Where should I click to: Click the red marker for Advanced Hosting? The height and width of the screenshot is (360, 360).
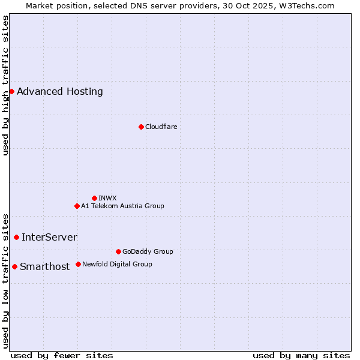pos(11,91)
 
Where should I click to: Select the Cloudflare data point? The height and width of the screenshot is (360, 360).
pos(141,127)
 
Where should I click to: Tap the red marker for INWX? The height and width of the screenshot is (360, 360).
pos(94,198)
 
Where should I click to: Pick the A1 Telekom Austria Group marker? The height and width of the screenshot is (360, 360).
pos(77,206)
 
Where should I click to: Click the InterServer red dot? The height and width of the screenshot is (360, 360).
pos(16,237)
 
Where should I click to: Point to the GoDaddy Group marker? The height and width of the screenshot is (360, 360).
pos(118,251)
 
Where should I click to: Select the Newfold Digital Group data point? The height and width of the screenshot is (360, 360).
pos(78,264)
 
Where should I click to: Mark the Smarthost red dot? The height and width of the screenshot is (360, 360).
pos(14,266)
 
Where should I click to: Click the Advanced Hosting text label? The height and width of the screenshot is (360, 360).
pos(60,92)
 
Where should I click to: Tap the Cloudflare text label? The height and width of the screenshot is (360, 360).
pos(161,127)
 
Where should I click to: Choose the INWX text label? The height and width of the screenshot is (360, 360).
pos(107,198)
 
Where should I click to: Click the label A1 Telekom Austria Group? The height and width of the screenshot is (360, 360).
pos(122,206)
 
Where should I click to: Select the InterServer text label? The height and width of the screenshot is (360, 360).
pos(49,238)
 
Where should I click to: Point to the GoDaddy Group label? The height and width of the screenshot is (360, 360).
pos(148,251)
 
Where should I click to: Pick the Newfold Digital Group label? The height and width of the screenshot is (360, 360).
pos(117,264)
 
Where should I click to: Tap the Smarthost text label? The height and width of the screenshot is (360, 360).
pos(45,267)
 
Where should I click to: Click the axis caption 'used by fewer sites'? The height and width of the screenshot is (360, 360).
pos(62,355)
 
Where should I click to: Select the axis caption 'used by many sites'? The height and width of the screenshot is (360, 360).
pos(301,355)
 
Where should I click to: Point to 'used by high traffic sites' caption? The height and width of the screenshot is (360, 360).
pos(5,85)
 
